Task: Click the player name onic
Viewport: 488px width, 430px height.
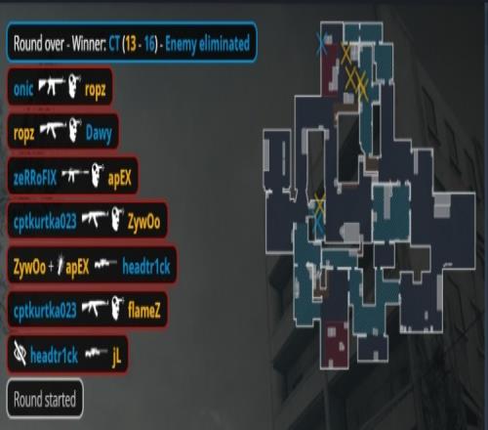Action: pyautogui.click(x=23, y=89)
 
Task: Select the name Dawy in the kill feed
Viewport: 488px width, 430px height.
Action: pyautogui.click(x=99, y=133)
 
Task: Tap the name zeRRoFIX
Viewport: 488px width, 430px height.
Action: pyautogui.click(x=35, y=178)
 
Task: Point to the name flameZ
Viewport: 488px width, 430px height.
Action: pyautogui.click(x=144, y=310)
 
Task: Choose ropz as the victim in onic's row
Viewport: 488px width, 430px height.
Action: pyautogui.click(x=95, y=90)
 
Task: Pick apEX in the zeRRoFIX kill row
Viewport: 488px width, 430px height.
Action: pyautogui.click(x=120, y=179)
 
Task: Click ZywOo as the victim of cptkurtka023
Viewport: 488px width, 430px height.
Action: pyautogui.click(x=143, y=222)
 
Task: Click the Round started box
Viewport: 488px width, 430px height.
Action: pyautogui.click(x=45, y=398)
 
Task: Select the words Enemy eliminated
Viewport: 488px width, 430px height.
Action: pyautogui.click(x=208, y=44)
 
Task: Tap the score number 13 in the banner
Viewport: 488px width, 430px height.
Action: pyautogui.click(x=130, y=44)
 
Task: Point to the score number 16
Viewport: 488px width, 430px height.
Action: pyautogui.click(x=149, y=44)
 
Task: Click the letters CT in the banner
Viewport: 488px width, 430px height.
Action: pyautogui.click(x=114, y=43)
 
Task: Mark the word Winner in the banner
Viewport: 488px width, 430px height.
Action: pyautogui.click(x=89, y=43)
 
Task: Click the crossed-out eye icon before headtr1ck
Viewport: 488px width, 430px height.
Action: pyautogui.click(x=20, y=353)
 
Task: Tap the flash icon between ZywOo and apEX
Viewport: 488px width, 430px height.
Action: pyautogui.click(x=60, y=266)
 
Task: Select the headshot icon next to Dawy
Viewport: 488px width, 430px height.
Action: pyautogui.click(x=75, y=130)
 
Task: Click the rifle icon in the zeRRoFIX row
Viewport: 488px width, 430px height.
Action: pyautogui.click(x=75, y=175)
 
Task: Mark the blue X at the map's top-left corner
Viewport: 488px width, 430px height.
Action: pyautogui.click(x=321, y=43)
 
